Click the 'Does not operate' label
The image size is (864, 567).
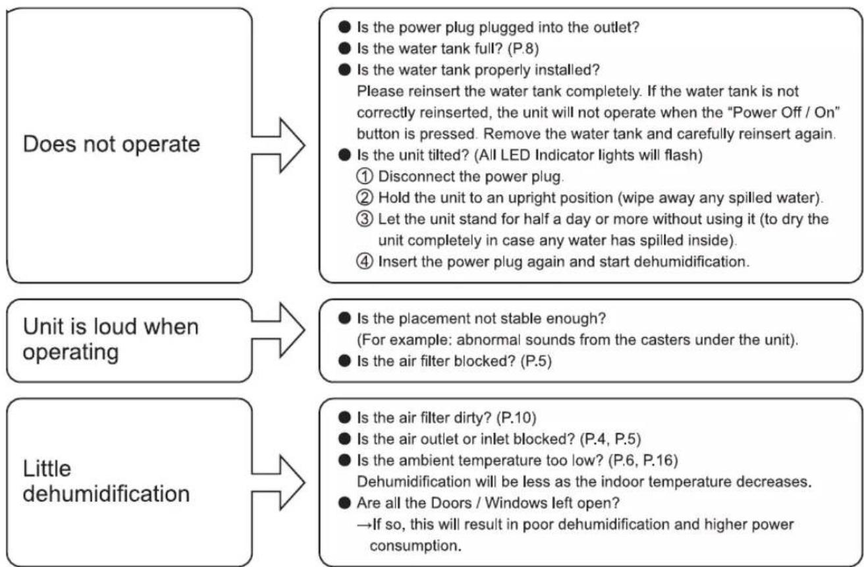coord(111,145)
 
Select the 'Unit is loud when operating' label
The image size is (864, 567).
coord(111,340)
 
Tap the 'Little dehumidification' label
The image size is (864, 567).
coord(106,481)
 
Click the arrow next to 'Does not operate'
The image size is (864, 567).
coord(279,146)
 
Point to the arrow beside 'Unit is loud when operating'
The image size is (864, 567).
coord(279,330)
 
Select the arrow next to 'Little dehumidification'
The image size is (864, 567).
coord(279,483)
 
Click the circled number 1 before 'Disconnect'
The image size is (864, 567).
coord(365,177)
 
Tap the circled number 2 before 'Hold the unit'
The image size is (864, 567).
coord(365,198)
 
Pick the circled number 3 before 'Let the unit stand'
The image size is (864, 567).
coord(365,219)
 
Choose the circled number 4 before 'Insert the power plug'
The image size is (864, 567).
coord(365,262)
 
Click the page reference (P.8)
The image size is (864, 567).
coord(523,49)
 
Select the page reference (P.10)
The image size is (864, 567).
coord(516,418)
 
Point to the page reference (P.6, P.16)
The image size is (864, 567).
coord(643,460)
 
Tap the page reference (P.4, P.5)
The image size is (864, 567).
coord(610,439)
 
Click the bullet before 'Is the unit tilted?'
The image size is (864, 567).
coord(344,155)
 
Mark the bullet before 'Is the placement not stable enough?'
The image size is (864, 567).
coord(344,318)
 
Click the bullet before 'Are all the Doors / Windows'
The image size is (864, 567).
coord(344,503)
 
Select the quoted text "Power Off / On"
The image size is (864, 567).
coord(784,112)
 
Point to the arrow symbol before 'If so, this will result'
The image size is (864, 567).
coord(365,525)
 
